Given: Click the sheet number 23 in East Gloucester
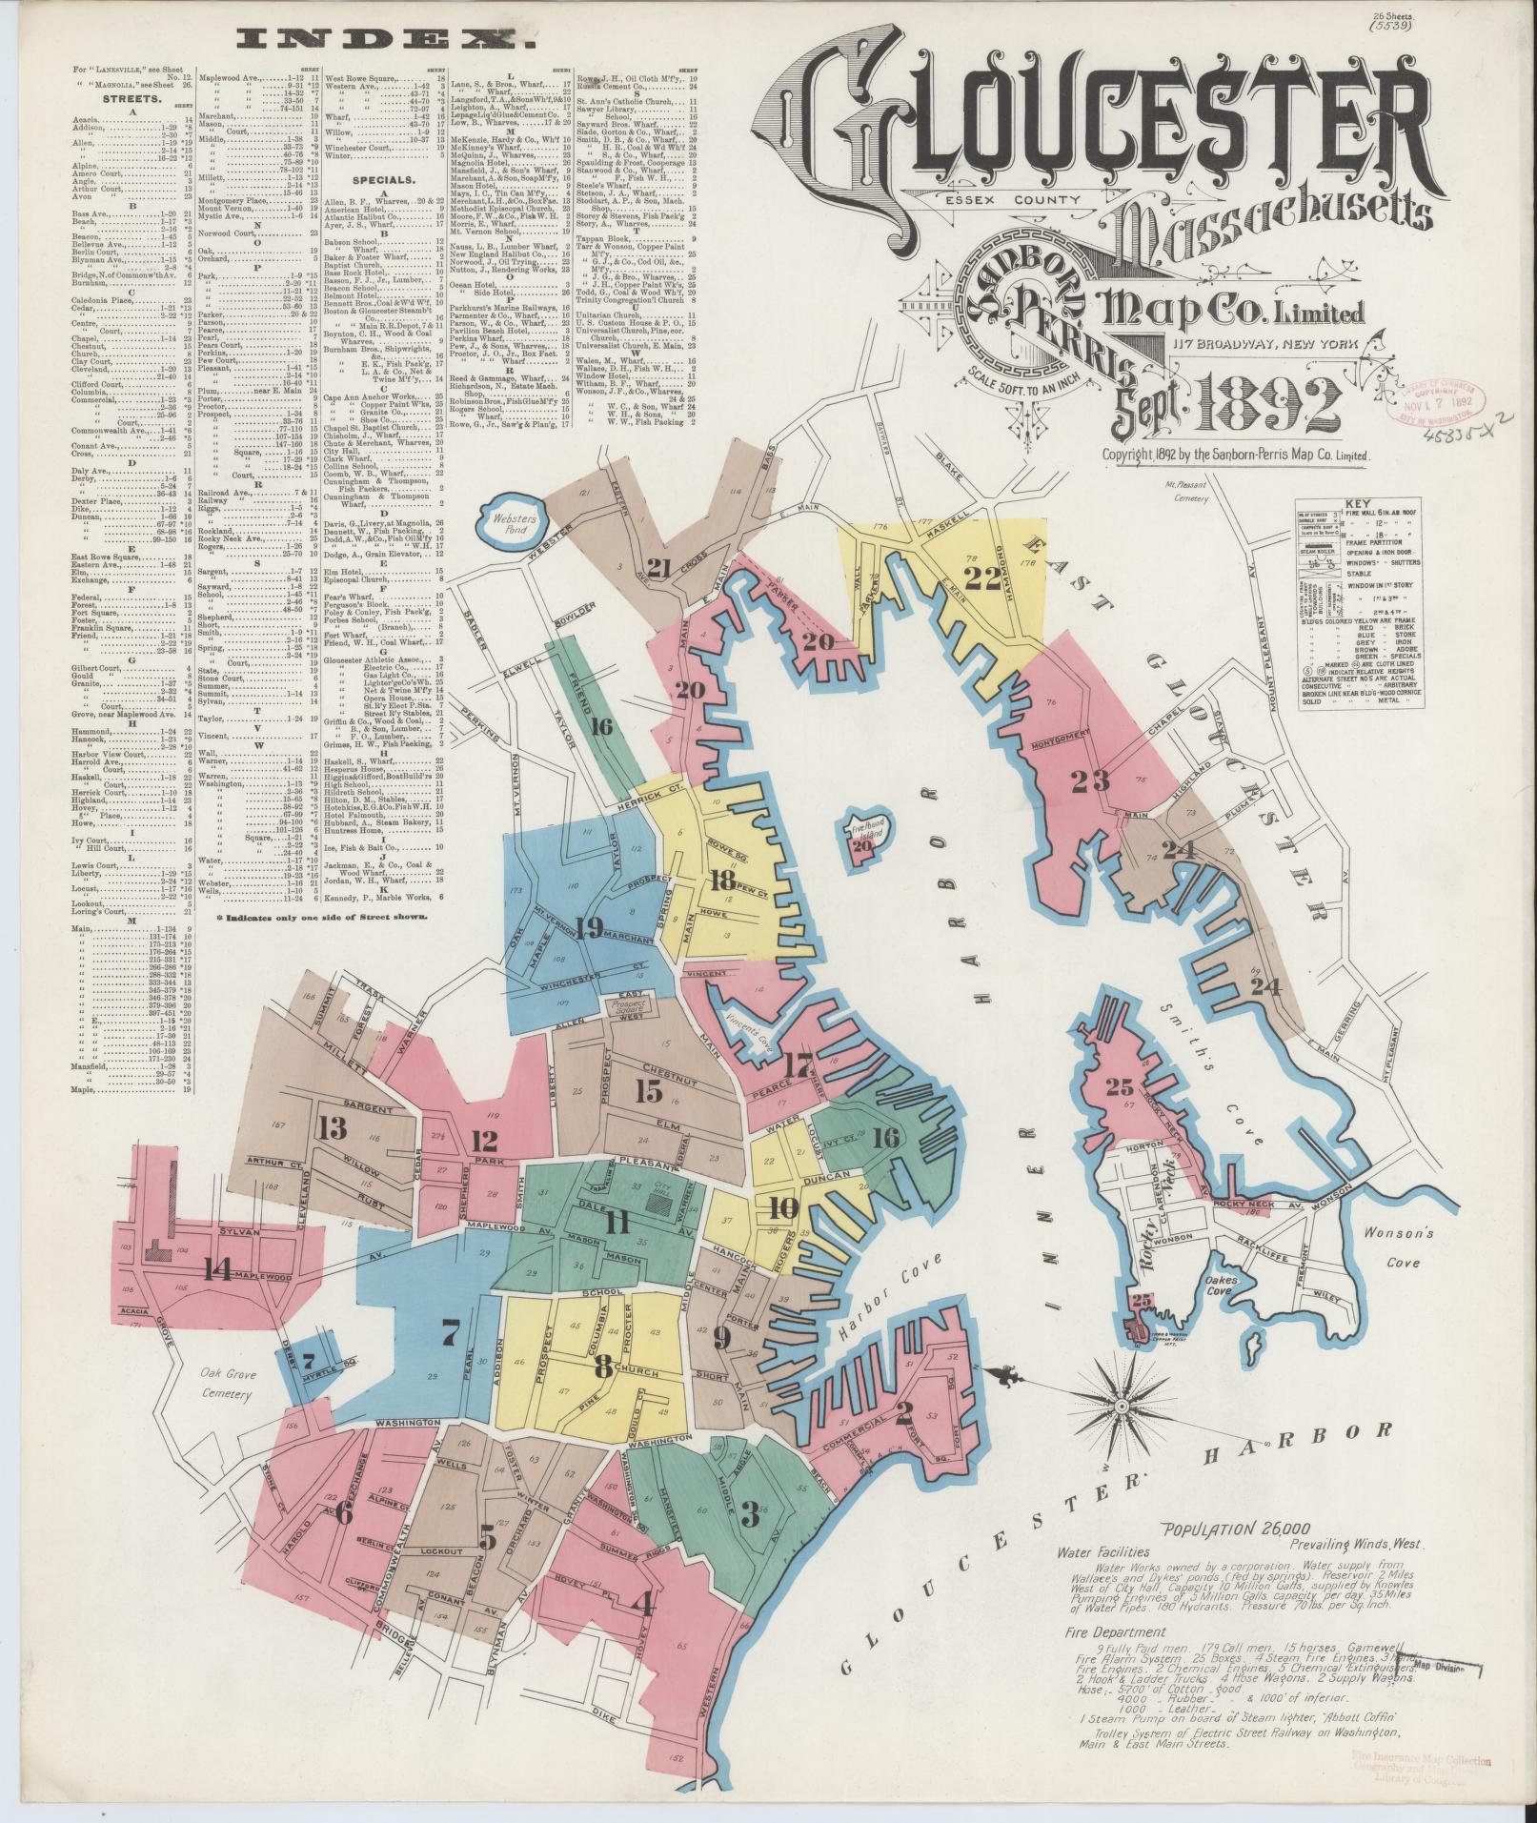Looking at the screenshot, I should coord(1089,780).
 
